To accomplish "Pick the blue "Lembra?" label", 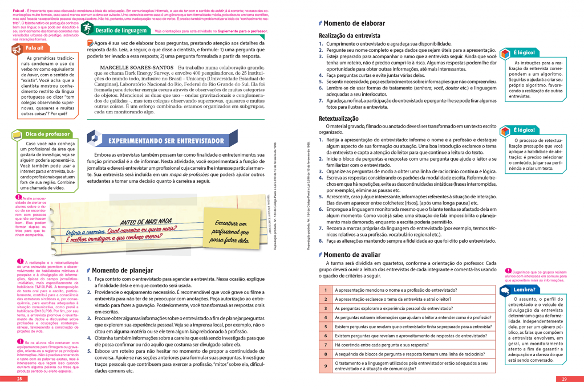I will pyautogui.click(x=524, y=289).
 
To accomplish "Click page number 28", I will pyautogui.click(x=19, y=379).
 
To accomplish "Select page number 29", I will pyautogui.click(x=564, y=379).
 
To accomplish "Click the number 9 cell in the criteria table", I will pyautogui.click(x=325, y=365).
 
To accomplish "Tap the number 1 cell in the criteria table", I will pyautogui.click(x=325, y=289).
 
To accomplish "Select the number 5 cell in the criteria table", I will pyautogui.click(x=325, y=326).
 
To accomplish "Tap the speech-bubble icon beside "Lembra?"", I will pyautogui.click(x=505, y=290).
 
